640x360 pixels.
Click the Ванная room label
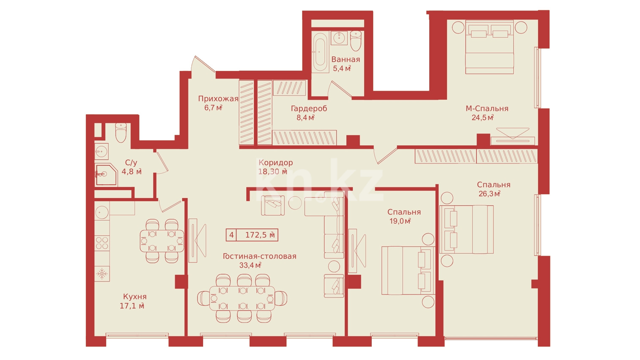[346, 60]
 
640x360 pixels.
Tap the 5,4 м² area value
[342, 68]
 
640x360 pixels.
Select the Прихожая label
[218, 99]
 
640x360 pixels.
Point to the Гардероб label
[309, 109]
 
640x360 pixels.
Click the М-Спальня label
[487, 109]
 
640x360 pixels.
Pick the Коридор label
[276, 163]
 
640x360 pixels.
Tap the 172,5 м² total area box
[252, 235]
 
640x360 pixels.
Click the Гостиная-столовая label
[259, 256]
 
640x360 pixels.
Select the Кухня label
[135, 297]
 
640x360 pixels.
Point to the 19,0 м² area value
[400, 221]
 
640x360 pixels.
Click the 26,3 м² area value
[490, 194]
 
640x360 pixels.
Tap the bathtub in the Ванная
[320, 52]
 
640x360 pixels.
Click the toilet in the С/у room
[121, 133]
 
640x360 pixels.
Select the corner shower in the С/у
[106, 174]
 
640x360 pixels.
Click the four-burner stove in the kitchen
[102, 243]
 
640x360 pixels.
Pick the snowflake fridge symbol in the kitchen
[102, 274]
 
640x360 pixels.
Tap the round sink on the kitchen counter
[102, 213]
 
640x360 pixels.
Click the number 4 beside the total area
[231, 235]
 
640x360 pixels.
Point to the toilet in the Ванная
[356, 41]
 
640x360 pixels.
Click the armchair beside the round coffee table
[273, 205]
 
